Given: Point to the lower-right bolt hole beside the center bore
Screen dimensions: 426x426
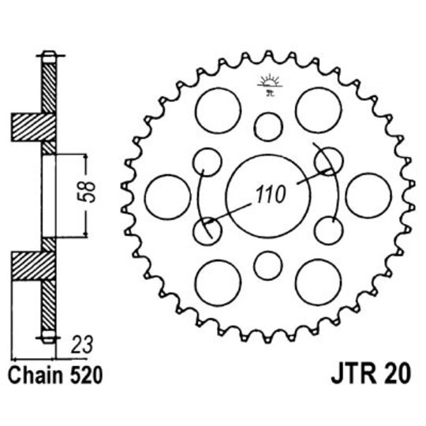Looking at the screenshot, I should pos(327,230).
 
